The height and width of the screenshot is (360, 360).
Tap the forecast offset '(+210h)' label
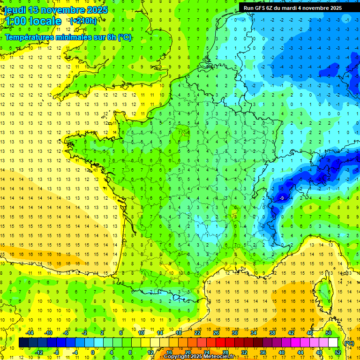point(83,21)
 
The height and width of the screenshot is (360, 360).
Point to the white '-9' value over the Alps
point(281,199)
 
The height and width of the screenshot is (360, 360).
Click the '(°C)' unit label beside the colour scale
point(349,343)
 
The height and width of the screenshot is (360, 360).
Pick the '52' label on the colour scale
point(338,352)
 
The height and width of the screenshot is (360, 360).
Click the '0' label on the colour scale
point(92,352)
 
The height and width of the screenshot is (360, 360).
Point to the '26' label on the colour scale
point(216,333)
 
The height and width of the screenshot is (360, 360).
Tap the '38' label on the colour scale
point(272,333)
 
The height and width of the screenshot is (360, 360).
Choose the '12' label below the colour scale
point(150,352)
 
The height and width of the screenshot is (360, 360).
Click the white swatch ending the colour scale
point(333,343)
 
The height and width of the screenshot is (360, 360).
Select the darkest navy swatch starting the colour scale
point(23,343)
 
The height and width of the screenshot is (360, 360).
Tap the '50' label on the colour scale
point(329,333)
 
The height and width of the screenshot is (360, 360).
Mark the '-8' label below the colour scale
point(57,352)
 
